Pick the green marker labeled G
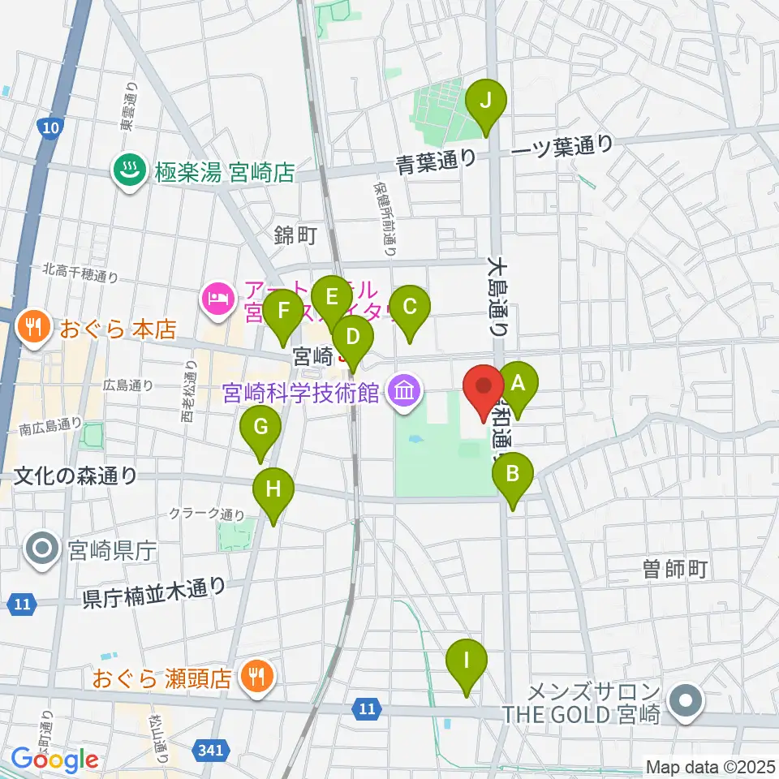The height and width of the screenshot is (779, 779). pyautogui.click(x=260, y=428)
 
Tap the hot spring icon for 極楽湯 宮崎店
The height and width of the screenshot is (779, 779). pyautogui.click(x=128, y=171)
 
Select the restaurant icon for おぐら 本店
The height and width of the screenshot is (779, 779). pyautogui.click(x=33, y=329)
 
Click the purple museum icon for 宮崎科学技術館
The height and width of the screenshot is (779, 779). pyautogui.click(x=403, y=394)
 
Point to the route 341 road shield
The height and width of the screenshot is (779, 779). pyautogui.click(x=210, y=751)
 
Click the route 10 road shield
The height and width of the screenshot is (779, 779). pyautogui.click(x=49, y=127)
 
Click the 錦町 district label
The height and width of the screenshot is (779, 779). pyautogui.click(x=295, y=235)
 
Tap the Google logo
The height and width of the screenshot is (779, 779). pyautogui.click(x=54, y=760)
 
